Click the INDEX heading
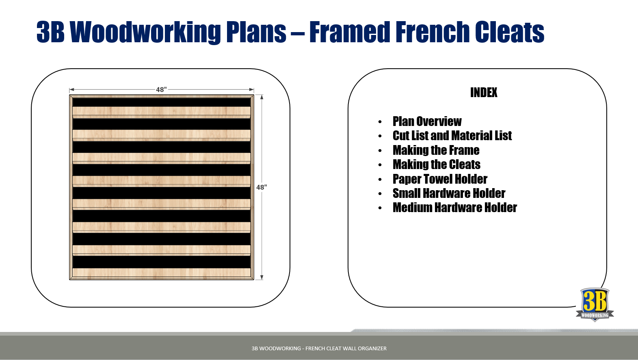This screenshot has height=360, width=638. click(484, 92)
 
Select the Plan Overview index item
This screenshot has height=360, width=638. click(427, 121)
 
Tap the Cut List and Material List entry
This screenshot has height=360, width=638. click(452, 136)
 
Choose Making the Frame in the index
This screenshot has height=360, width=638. click(436, 150)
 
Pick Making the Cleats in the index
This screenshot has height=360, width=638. click(436, 165)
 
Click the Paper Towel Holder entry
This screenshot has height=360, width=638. click(440, 179)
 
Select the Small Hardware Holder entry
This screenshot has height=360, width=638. click(449, 193)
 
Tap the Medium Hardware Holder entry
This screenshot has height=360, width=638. click(454, 208)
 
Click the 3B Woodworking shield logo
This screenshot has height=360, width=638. click(595, 304)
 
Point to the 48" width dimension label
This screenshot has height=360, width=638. click(161, 89)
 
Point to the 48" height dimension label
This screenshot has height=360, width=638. click(262, 187)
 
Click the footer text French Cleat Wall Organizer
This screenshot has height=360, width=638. click(346, 348)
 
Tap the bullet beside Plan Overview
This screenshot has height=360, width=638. click(380, 122)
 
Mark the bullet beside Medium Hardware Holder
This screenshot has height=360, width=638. click(380, 208)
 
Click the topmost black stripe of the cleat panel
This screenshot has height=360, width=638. click(162, 102)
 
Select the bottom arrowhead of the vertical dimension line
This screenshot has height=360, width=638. click(262, 278)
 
